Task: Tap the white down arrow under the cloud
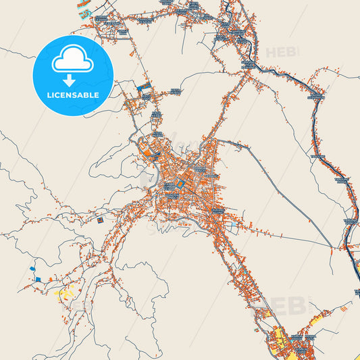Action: (x=72, y=80)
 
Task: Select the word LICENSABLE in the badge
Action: (x=72, y=95)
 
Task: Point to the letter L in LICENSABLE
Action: (x=49, y=95)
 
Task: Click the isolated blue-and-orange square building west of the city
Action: (x=99, y=220)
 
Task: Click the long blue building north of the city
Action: (x=143, y=86)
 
